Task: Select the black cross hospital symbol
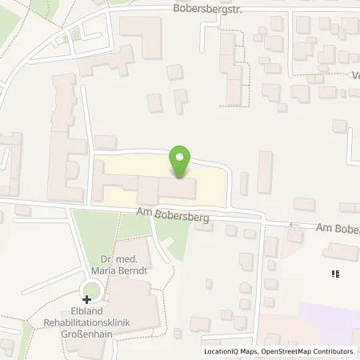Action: tap(87, 298)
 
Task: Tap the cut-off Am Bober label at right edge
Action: tap(337, 229)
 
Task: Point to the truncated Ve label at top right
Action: tap(354, 77)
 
